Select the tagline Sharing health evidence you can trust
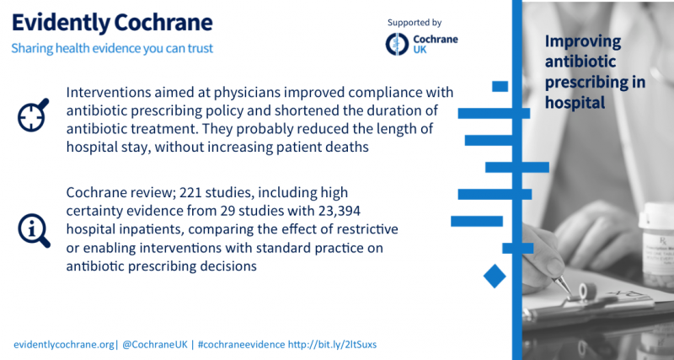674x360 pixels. click(112, 48)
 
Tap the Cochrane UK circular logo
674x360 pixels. click(395, 43)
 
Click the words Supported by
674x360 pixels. click(415, 22)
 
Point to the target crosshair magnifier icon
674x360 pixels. click(33, 116)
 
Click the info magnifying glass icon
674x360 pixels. click(33, 228)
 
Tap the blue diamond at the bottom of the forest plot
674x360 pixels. click(495, 275)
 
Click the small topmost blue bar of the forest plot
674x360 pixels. click(500, 86)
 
